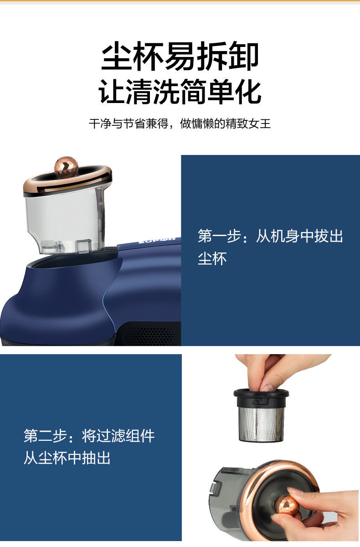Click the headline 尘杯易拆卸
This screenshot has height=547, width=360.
point(180,57)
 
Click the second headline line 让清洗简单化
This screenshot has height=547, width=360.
point(180,91)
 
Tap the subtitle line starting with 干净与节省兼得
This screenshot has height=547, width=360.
point(180,124)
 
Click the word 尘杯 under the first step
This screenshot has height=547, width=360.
point(212,258)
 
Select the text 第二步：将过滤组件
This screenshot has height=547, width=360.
point(89,436)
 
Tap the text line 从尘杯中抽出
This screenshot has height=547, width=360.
point(67,458)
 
